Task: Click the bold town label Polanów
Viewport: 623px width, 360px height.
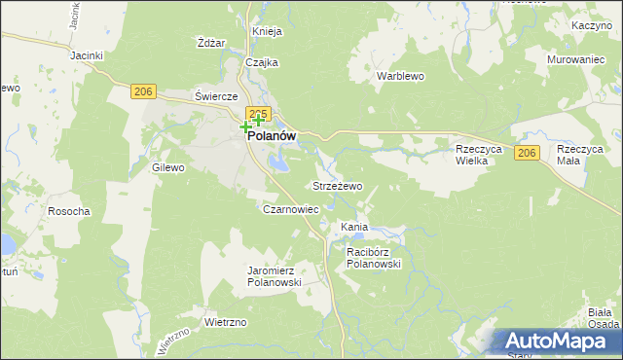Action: [272, 137]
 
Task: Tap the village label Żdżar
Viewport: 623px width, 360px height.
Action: [211, 43]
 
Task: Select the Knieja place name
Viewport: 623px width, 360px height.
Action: [267, 31]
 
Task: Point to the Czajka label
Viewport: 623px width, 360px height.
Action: [262, 62]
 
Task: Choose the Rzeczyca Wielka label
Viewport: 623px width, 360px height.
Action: [478, 156]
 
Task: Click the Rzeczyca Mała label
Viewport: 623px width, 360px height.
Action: [580, 156]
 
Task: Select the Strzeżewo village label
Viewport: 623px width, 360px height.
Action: [337, 185]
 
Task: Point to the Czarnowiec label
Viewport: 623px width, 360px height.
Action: [291, 208]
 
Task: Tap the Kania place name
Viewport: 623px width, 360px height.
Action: [353, 227]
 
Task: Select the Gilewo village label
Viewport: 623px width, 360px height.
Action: [168, 167]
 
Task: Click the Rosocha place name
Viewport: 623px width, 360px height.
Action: [69, 211]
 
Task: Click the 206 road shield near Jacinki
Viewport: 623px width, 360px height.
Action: [143, 91]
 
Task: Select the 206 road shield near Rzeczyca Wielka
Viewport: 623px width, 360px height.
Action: [527, 154]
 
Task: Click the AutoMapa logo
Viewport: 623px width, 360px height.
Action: [555, 341]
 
